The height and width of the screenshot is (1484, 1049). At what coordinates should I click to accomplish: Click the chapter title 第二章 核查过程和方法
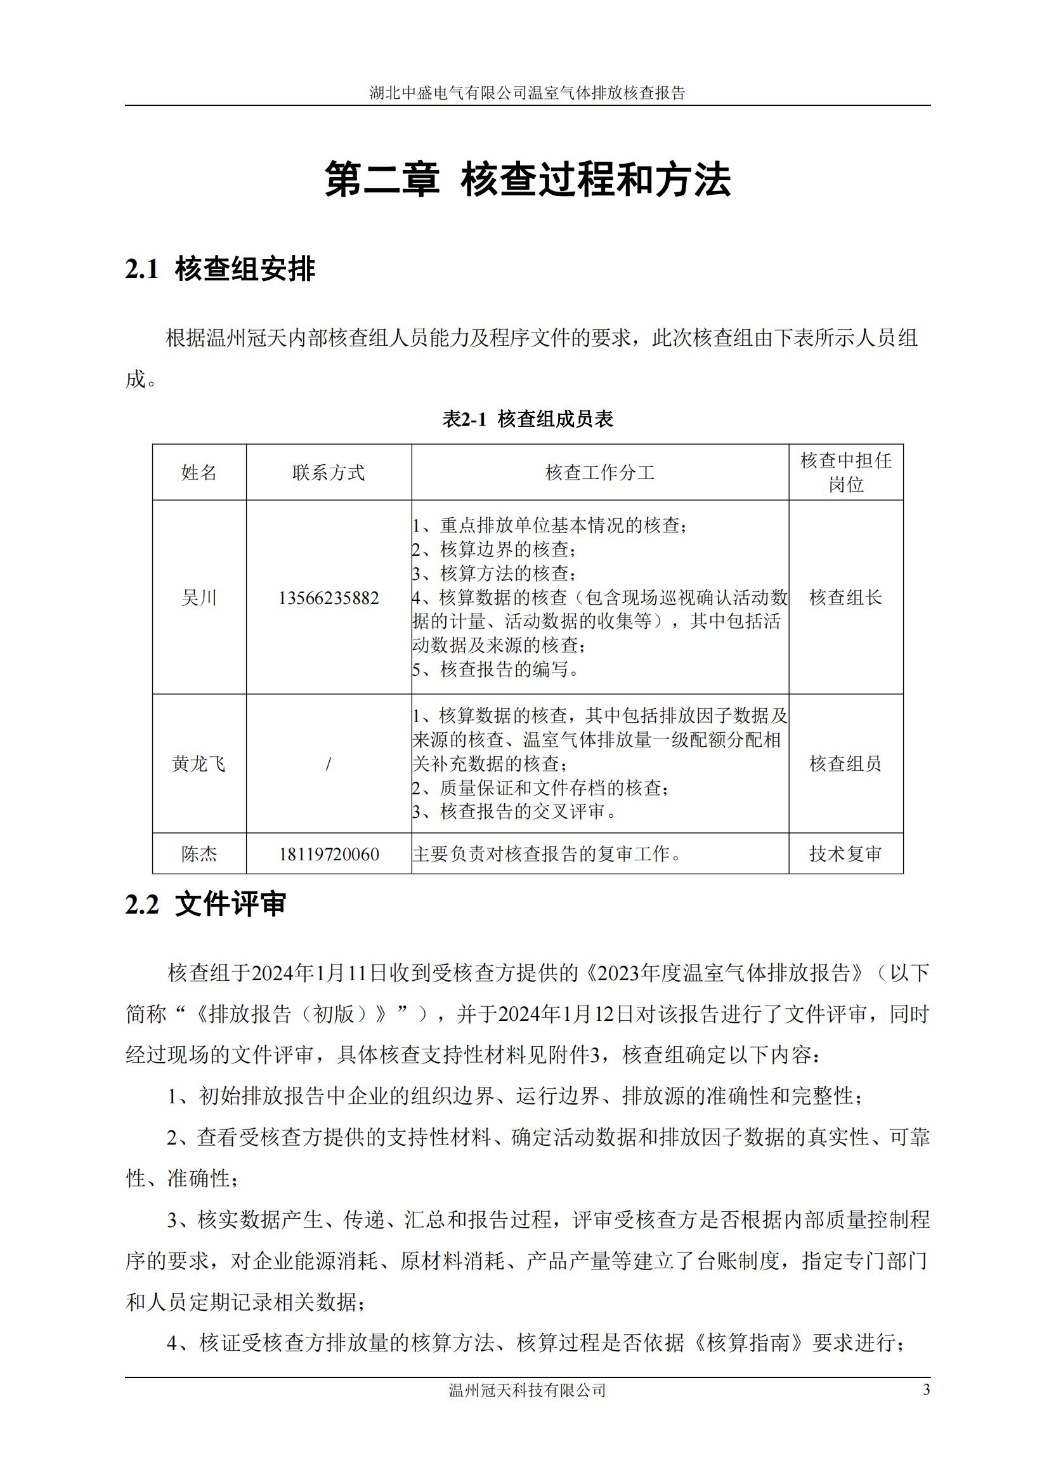[x=527, y=180]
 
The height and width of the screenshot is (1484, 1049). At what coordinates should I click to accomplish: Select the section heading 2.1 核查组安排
[x=220, y=269]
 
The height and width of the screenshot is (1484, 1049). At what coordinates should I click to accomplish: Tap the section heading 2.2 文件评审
[x=205, y=903]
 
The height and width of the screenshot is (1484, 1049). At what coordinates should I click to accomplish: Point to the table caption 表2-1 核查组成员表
[x=527, y=419]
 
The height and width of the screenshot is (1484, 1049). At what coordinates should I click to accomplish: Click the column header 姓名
[x=199, y=473]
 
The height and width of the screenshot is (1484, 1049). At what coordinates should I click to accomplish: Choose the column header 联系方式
[x=328, y=473]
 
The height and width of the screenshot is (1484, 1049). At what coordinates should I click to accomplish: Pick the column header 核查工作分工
[x=599, y=473]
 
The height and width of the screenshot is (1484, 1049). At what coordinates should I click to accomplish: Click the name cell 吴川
[x=199, y=598]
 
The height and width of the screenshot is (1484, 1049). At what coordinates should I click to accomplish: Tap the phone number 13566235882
[x=328, y=598]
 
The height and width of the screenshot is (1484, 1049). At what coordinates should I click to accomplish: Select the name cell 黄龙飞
[x=199, y=764]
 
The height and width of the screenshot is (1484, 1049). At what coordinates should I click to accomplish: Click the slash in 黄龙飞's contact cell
[x=328, y=764]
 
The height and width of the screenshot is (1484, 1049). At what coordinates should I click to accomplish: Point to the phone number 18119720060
[x=328, y=855]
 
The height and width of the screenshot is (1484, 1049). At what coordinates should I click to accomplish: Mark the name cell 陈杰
[x=199, y=855]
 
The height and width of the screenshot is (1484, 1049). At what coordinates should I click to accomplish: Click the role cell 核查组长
[x=845, y=598]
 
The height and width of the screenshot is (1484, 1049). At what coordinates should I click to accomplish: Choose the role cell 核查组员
[x=845, y=764]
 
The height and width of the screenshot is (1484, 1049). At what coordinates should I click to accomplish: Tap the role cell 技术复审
[x=845, y=855]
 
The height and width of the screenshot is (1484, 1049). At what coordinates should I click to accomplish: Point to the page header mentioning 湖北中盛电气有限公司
[x=527, y=93]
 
